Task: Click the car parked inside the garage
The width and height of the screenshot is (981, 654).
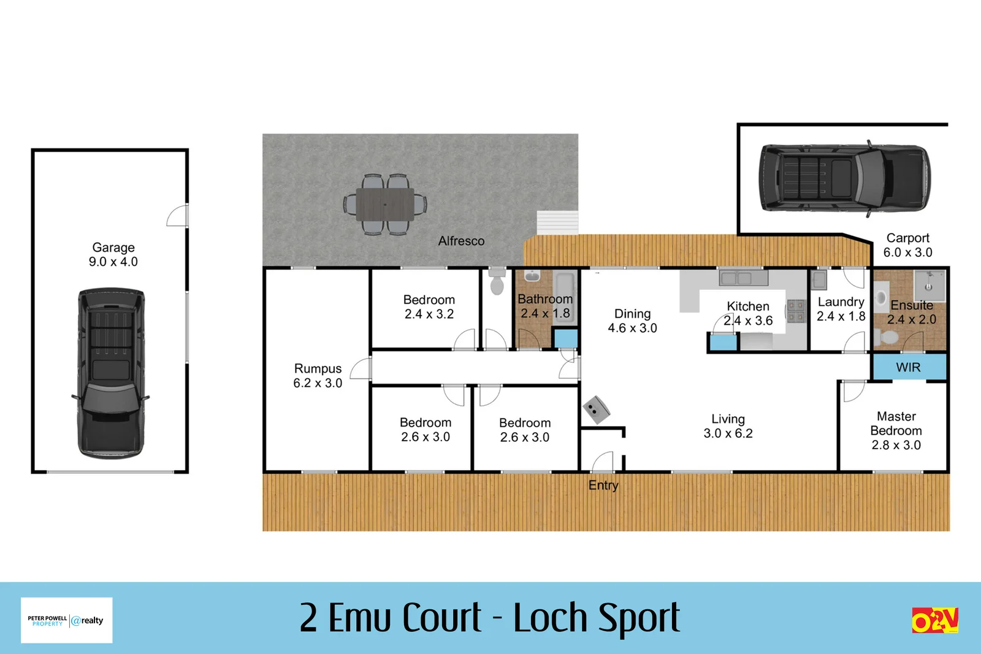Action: pyautogui.click(x=111, y=373)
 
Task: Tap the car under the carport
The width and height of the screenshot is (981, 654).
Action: pyautogui.click(x=845, y=178)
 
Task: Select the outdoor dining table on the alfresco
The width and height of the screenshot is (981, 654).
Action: pyautogui.click(x=385, y=204)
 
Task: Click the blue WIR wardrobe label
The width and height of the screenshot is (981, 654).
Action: pyautogui.click(x=908, y=367)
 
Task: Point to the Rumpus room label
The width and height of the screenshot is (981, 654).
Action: pyautogui.click(x=318, y=375)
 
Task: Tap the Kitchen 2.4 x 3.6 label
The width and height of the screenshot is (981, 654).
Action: pyautogui.click(x=748, y=313)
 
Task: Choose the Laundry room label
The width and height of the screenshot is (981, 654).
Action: pyautogui.click(x=841, y=309)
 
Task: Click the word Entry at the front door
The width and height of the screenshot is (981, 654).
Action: pyautogui.click(x=603, y=485)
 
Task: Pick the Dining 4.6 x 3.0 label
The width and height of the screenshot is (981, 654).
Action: pyautogui.click(x=632, y=321)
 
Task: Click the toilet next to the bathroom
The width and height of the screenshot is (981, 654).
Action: pyautogui.click(x=497, y=283)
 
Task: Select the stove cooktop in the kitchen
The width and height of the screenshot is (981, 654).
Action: pyautogui.click(x=796, y=311)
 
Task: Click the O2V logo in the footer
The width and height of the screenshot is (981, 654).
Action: pyautogui.click(x=934, y=620)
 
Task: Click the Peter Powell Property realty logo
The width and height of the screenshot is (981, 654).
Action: pyautogui.click(x=66, y=620)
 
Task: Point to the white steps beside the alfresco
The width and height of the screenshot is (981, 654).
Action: pyautogui.click(x=557, y=222)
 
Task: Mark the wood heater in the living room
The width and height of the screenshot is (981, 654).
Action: pyautogui.click(x=596, y=409)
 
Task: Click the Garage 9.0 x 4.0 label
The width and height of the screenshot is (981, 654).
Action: pyautogui.click(x=113, y=254)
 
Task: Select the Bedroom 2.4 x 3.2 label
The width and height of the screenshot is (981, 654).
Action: pyautogui.click(x=429, y=306)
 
